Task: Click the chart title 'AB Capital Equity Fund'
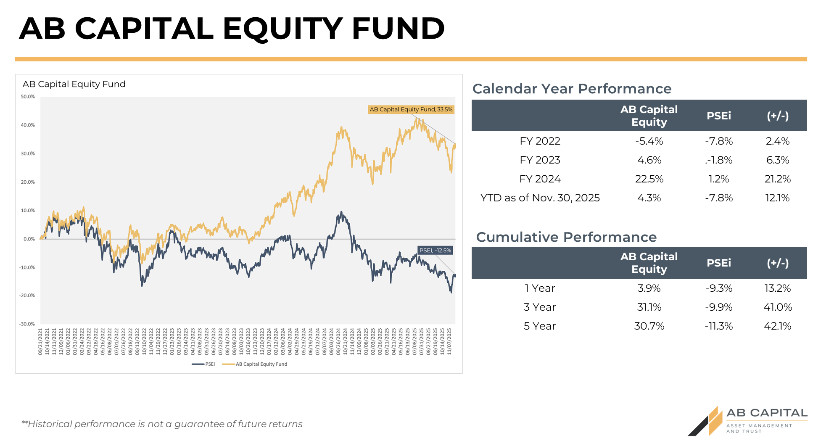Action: click(74, 84)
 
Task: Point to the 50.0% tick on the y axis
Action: click(28, 97)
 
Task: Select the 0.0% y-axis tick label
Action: click(29, 239)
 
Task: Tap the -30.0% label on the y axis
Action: click(27, 324)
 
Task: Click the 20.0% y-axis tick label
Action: click(28, 182)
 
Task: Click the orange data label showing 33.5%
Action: click(411, 110)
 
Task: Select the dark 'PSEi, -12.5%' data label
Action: click(435, 251)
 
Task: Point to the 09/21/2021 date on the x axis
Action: click(41, 342)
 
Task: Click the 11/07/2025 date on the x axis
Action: click(449, 342)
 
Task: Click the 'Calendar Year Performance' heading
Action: click(572, 89)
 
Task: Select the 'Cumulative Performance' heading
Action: click(566, 237)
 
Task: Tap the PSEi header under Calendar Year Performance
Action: click(718, 116)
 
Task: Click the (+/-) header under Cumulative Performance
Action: click(777, 263)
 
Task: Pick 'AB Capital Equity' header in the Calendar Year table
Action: click(649, 116)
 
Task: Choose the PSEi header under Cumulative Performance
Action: click(718, 263)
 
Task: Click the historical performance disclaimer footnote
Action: click(162, 424)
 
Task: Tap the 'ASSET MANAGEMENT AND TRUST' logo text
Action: click(758, 428)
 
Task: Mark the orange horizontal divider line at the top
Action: click(411, 59)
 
